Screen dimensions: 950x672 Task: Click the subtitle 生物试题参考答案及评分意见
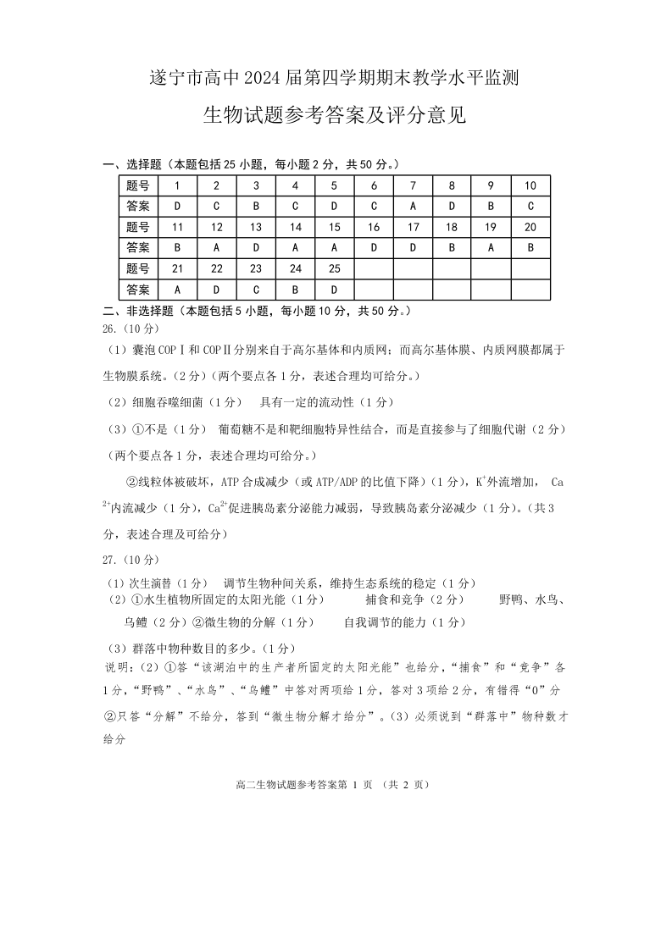pos(335,115)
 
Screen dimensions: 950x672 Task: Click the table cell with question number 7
pos(413,185)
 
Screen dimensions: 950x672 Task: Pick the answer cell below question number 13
pos(256,248)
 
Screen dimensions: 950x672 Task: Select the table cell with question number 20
pos(530,227)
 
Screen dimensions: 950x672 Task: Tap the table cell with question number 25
pos(334,268)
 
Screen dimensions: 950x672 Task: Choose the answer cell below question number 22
pos(217,290)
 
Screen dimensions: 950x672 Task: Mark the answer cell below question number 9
pos(491,206)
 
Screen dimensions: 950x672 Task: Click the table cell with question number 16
pos(374,227)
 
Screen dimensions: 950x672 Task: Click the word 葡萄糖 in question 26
pos(237,429)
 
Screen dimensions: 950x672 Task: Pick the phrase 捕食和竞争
pos(397,599)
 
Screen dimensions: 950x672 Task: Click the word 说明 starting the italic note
pos(115,667)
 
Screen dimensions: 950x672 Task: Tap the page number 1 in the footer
pos(345,785)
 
